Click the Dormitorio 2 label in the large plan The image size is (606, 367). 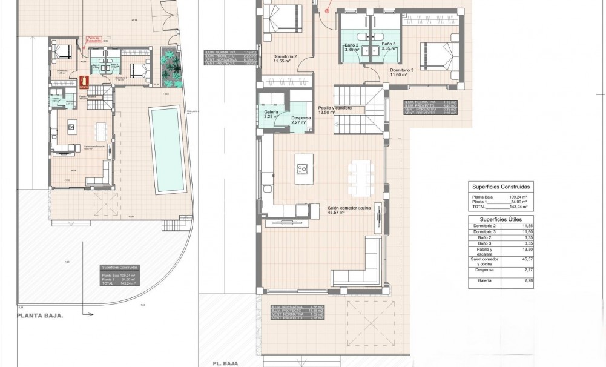(x=282, y=58)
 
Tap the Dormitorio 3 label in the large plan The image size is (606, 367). (x=401, y=71)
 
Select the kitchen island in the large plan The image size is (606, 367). (x=303, y=169)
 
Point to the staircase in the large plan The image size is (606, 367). (x=360, y=110)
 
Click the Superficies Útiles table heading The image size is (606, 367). (x=501, y=219)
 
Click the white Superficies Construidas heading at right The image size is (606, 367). (x=501, y=187)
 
